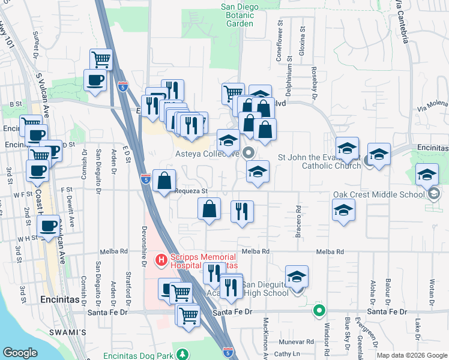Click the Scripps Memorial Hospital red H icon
161,260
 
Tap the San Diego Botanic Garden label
241,15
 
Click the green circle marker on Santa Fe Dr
319,311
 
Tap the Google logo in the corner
20,353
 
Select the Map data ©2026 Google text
411,355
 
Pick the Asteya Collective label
208,153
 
